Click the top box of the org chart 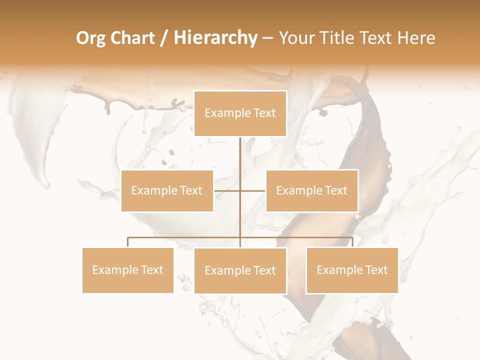coord(240,113)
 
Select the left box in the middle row coord(167,190)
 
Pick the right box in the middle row coord(312,190)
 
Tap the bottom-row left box coord(128,270)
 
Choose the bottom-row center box coord(240,270)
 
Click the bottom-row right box coord(352,270)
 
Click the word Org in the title coord(91,38)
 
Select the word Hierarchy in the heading coord(215,38)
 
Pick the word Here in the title coord(415,38)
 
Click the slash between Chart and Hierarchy coord(164,38)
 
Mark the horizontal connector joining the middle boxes coord(227,190)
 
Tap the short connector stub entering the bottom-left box coord(128,242)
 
